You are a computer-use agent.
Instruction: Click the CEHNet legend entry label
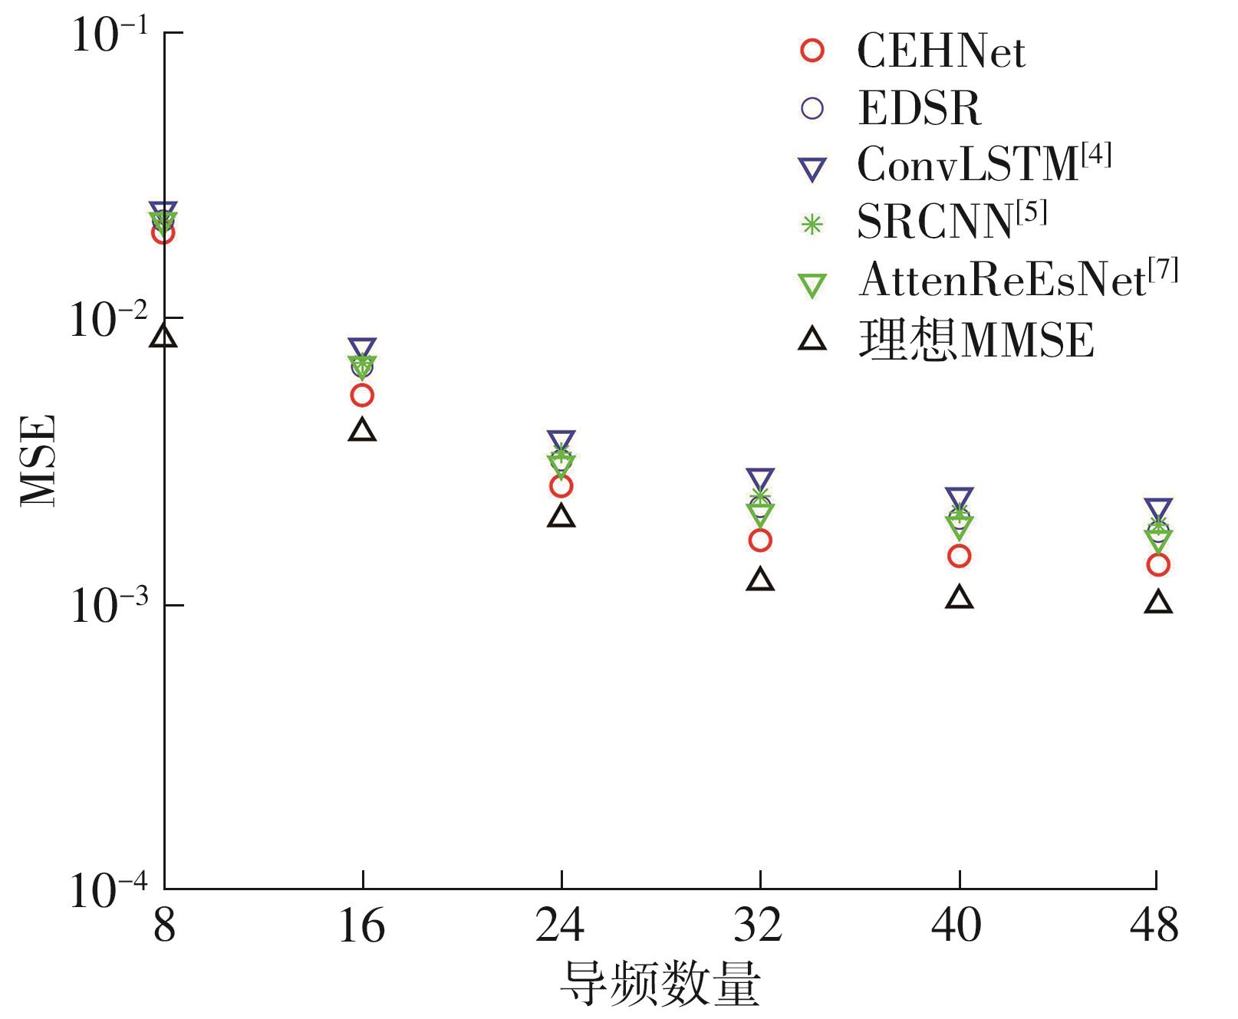click(940, 51)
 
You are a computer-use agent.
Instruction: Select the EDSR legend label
click(920, 108)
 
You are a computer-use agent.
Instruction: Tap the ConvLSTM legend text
click(983, 164)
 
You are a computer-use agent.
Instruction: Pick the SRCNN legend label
click(950, 222)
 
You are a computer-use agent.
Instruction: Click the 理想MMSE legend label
click(976, 339)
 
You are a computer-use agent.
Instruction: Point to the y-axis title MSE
click(38, 460)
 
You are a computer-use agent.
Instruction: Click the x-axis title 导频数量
click(660, 983)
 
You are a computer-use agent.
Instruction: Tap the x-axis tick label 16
click(361, 925)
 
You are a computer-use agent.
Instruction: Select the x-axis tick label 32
click(759, 925)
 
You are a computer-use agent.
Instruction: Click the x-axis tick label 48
click(1154, 925)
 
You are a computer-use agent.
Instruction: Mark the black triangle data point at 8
click(164, 337)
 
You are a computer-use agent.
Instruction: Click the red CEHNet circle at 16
click(362, 396)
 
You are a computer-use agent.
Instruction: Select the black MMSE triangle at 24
click(561, 516)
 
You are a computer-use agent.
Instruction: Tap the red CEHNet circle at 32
click(760, 541)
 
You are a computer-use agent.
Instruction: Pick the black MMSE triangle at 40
click(960, 597)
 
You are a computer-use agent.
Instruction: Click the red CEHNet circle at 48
click(1158, 565)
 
